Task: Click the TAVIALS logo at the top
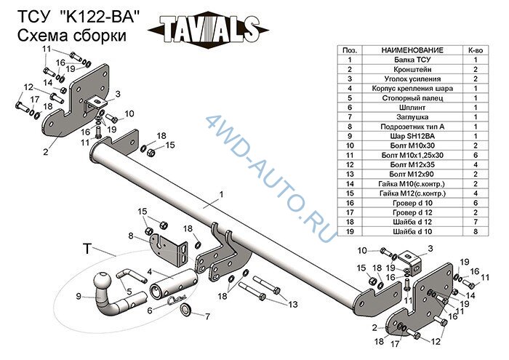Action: tap(208, 29)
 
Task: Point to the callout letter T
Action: tap(87, 249)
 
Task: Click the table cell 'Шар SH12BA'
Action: tap(412, 136)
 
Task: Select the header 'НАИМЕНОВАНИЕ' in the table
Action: tap(412, 50)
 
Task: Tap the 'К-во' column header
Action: tap(476, 50)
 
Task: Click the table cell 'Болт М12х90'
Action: tap(412, 175)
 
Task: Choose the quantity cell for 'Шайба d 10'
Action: tap(476, 231)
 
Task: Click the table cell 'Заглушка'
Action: tap(412, 117)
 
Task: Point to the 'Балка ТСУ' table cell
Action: tap(412, 60)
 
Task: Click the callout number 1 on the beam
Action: tap(221, 194)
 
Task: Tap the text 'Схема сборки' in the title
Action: tap(72, 36)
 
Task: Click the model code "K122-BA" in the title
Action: tap(100, 17)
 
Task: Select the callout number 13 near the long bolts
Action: tap(293, 304)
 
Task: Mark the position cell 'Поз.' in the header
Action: tap(350, 50)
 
